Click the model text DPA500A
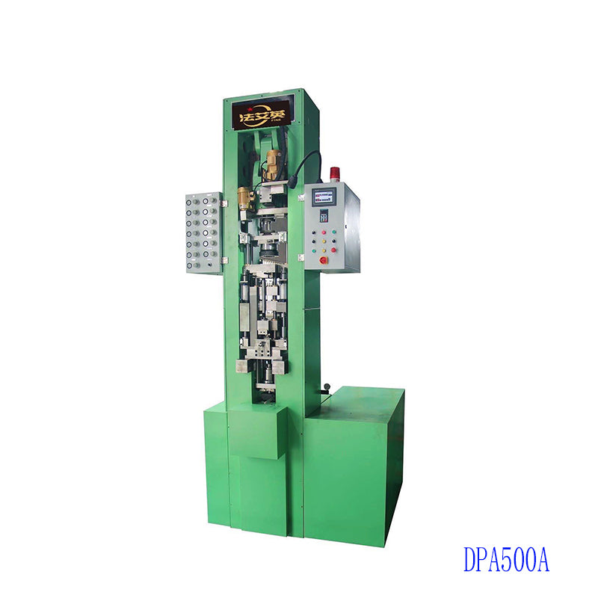pos(506,559)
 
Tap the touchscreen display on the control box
pos(323,198)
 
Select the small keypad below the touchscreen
pos(324,215)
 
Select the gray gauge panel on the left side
pos(203,232)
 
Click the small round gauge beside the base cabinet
pos(326,386)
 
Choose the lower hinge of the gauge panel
pos(223,259)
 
